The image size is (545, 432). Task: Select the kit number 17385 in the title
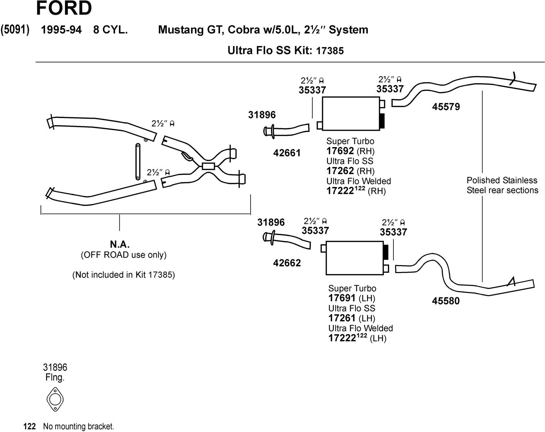[330, 51]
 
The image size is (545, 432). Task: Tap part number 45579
[446, 107]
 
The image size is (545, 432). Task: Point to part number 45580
[446, 301]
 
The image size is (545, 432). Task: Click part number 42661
[287, 153]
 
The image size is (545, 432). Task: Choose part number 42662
[287, 263]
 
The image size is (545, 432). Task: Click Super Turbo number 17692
[340, 151]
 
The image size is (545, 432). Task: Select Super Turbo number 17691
[342, 298]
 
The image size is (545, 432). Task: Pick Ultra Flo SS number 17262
[340, 171]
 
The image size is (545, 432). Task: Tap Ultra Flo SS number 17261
[342, 318]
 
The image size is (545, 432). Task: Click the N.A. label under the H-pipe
[120, 244]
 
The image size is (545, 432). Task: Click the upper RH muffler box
[351, 114]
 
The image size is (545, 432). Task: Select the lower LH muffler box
[354, 258]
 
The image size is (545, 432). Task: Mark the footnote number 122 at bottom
[29, 427]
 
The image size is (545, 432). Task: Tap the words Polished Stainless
[502, 180]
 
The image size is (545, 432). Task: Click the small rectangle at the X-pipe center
[209, 167]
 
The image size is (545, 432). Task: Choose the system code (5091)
[15, 30]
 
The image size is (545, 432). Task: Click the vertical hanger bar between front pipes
[138, 161]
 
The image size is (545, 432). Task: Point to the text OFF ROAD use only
[123, 255]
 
